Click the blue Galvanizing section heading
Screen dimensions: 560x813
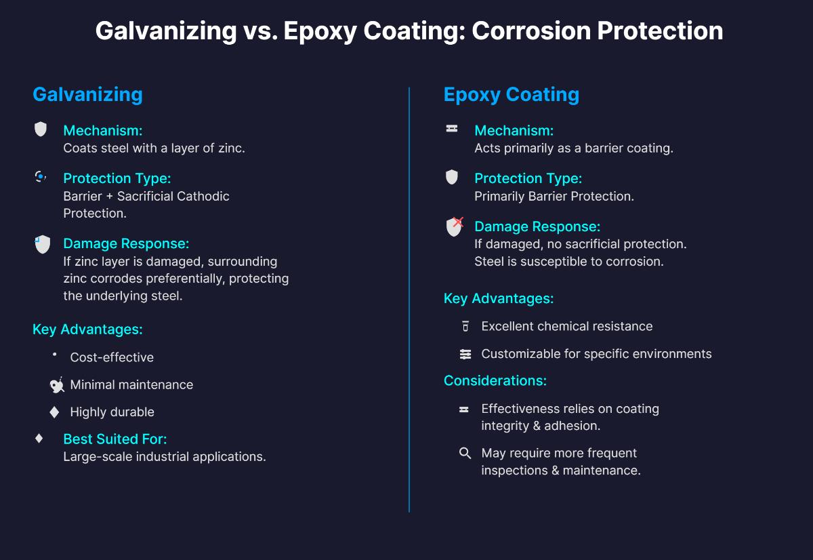pos(87,94)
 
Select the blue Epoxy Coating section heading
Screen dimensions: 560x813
pos(511,94)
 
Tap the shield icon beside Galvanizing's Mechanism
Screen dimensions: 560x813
pos(41,129)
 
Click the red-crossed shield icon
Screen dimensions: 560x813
pos(454,226)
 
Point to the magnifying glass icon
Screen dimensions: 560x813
pos(465,453)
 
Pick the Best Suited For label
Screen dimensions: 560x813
pos(114,439)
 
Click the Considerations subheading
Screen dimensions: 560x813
pos(495,380)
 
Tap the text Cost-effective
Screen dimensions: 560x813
pos(112,357)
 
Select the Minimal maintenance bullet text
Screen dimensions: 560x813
pos(131,384)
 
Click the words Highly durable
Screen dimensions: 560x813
pos(112,412)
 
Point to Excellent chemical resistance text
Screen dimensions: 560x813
pos(566,326)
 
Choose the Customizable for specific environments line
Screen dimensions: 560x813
pos(596,354)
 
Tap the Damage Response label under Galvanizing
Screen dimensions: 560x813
pos(126,243)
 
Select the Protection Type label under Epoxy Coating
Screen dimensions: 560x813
pos(528,178)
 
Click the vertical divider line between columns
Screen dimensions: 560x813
pos(409,298)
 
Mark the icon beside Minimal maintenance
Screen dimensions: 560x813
pos(57,385)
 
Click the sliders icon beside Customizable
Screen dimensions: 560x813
pos(465,354)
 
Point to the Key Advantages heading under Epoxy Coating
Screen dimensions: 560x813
pos(498,298)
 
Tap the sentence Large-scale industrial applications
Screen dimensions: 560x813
pos(164,456)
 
